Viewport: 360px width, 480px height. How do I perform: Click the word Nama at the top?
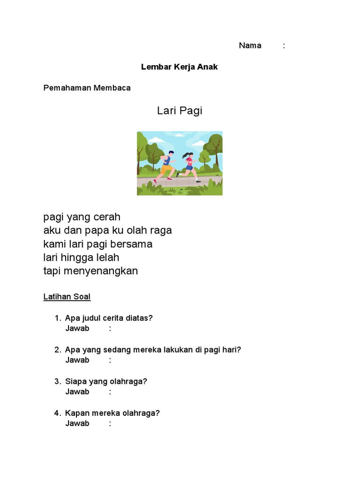(x=250, y=45)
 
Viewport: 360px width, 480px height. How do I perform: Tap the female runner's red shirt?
(x=189, y=162)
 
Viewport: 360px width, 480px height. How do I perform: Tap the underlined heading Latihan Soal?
(x=67, y=297)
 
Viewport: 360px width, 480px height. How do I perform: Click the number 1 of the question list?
(x=57, y=318)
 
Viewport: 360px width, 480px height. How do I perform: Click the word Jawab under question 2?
(x=77, y=360)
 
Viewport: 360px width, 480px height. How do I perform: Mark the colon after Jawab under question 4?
(x=110, y=423)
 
